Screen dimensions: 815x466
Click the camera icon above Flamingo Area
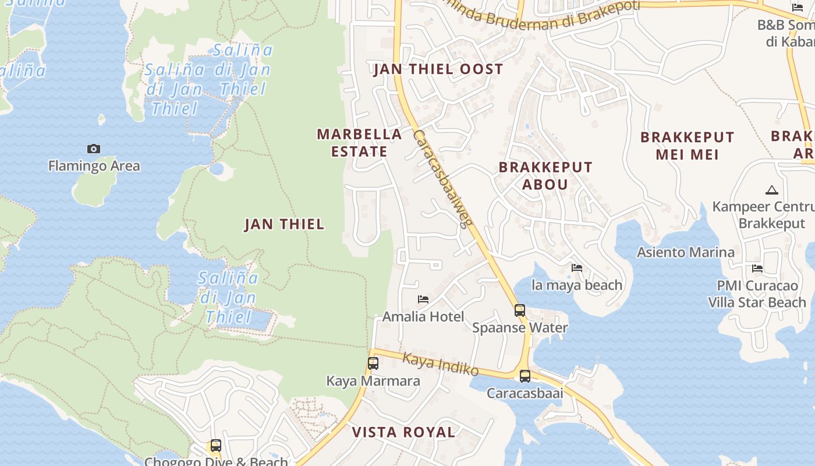pyautogui.click(x=94, y=149)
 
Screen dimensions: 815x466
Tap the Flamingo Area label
pyautogui.click(x=94, y=166)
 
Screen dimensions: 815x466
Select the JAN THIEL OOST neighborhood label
pyautogui.click(x=438, y=69)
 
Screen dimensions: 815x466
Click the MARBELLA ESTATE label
pyautogui.click(x=359, y=143)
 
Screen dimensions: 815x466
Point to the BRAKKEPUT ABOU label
pyautogui.click(x=545, y=176)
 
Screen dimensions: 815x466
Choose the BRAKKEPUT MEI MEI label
pyautogui.click(x=688, y=146)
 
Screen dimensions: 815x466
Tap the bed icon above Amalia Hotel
pyautogui.click(x=423, y=299)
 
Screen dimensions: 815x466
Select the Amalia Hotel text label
pyautogui.click(x=423, y=317)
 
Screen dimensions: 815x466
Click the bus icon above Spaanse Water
pyautogui.click(x=520, y=310)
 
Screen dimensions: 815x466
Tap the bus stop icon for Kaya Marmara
pyautogui.click(x=373, y=363)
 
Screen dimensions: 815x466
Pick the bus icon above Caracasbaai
pyautogui.click(x=525, y=376)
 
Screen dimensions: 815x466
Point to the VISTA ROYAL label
pyautogui.click(x=403, y=432)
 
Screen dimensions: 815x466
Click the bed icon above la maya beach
pyautogui.click(x=577, y=268)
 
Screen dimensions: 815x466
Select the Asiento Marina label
pyautogui.click(x=685, y=252)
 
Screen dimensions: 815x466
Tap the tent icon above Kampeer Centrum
pyautogui.click(x=771, y=190)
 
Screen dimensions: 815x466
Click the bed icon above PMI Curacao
pyautogui.click(x=757, y=269)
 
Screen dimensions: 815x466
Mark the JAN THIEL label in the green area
pyautogui.click(x=284, y=224)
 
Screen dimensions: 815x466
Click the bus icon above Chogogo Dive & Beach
pyautogui.click(x=216, y=446)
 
